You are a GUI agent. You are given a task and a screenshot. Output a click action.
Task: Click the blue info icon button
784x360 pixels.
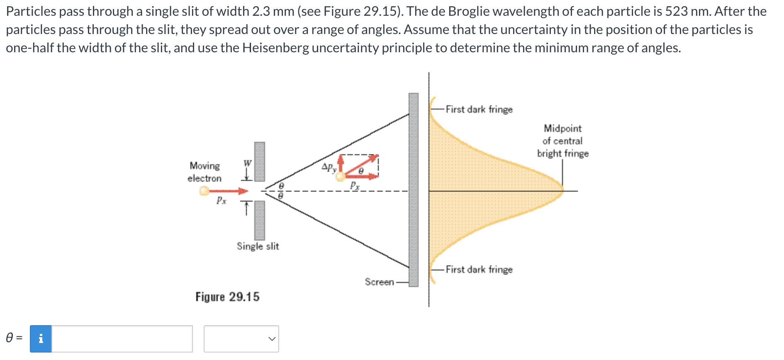[41, 339]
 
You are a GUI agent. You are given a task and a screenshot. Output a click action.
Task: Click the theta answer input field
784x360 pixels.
[122, 339]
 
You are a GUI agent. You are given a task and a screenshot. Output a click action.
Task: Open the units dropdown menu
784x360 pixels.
[241, 339]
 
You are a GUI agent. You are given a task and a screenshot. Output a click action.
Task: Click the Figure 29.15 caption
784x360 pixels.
[227, 297]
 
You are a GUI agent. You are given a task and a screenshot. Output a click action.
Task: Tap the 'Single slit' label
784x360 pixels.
[258, 246]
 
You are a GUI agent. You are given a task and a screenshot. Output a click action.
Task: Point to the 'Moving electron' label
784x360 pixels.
[205, 172]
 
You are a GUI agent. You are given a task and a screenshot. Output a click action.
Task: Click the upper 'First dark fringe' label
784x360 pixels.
[479, 109]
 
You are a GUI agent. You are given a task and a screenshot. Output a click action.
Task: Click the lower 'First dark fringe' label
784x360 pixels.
[479, 270]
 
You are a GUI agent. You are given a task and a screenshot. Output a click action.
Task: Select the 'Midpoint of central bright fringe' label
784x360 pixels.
[563, 141]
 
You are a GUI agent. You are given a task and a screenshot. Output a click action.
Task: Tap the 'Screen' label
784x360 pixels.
[379, 282]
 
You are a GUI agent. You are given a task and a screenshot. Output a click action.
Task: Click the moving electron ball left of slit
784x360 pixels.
[204, 191]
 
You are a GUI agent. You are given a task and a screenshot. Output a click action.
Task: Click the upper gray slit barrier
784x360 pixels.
[260, 161]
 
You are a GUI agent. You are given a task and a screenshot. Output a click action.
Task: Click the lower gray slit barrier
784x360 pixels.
[260, 220]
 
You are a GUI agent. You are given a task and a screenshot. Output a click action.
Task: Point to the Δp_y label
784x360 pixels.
[329, 168]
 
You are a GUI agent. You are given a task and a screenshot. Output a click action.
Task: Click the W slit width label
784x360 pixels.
[247, 163]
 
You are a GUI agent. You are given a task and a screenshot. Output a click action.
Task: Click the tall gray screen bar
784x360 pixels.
[414, 190]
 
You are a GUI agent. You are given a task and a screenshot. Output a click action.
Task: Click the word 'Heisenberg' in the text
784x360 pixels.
[275, 48]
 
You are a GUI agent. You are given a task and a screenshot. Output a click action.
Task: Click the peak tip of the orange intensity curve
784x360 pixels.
[563, 191]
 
